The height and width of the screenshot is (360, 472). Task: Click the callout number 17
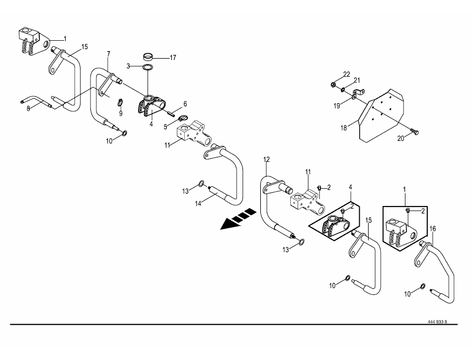173,58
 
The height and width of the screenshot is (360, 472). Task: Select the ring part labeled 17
148,57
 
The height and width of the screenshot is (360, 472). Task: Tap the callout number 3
128,66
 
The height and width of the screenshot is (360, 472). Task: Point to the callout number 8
28,108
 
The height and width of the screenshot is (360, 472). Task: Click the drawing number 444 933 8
437,322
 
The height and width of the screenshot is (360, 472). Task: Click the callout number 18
344,128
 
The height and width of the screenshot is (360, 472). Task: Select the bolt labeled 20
415,132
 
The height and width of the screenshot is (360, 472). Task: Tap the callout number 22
347,74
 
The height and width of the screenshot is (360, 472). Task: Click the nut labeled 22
333,85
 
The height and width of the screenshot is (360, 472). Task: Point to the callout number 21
357,80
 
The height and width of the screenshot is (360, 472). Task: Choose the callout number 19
337,106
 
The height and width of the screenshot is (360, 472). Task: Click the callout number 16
433,229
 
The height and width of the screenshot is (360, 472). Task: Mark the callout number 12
266,159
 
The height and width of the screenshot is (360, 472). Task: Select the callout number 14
198,204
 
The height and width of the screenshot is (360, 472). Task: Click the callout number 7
109,54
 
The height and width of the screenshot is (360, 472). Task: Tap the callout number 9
121,114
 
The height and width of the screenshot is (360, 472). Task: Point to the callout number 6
185,104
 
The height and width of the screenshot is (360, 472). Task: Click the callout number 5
165,127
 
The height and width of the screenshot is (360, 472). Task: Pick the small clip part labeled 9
120,102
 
